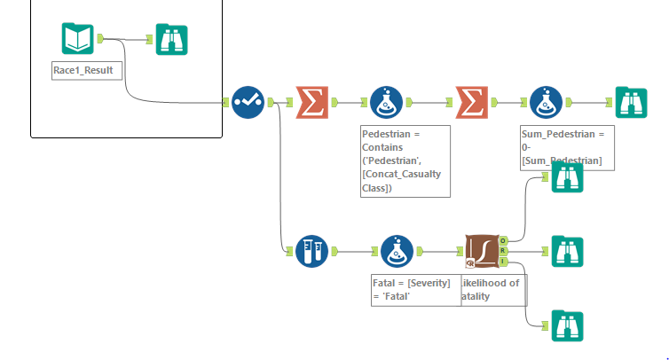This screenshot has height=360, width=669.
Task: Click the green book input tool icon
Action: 77,39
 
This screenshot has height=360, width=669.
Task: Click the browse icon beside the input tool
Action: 171,39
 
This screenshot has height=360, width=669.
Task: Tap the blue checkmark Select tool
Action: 248,102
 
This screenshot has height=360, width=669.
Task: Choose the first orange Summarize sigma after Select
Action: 311,102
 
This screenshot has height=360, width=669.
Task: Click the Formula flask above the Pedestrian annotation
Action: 388,102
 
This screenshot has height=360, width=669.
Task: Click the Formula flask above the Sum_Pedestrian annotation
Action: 546,102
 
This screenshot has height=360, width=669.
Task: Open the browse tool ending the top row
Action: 631,102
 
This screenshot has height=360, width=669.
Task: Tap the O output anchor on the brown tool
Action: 503,240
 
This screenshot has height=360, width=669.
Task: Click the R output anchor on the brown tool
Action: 503,251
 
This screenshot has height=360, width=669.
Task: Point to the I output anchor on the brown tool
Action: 503,262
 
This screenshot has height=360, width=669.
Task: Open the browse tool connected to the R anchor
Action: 567,251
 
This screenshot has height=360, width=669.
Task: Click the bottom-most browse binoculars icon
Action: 567,325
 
